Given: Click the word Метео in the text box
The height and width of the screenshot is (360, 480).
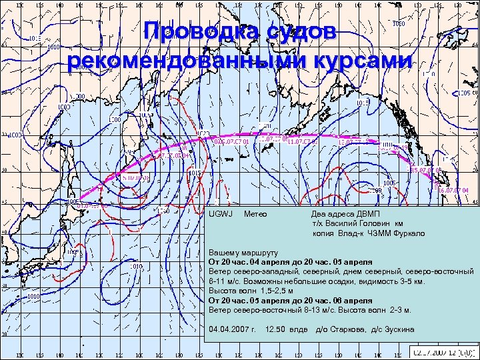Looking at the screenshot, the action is point(256,214).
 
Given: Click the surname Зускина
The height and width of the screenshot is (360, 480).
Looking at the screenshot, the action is point(397,329).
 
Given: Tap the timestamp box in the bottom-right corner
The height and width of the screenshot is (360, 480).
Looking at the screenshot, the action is point(443,351).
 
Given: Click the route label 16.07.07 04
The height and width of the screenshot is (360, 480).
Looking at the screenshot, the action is point(455,190).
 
